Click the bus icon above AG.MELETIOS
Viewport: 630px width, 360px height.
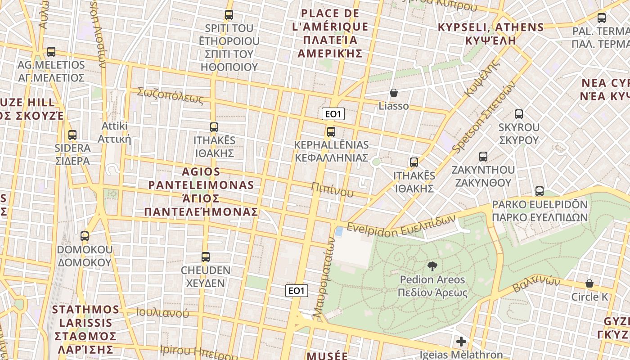51,52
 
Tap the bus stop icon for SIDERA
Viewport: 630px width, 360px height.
72,135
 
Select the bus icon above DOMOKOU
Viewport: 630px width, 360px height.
84,236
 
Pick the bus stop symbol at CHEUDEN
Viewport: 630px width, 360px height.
205,257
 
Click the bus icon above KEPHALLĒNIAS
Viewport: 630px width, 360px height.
331,131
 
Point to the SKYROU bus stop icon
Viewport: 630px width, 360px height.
518,114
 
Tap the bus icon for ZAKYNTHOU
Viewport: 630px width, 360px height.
483,157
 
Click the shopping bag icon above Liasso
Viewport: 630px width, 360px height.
394,93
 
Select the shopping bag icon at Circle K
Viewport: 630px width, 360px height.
589,283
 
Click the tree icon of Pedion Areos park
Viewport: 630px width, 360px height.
432,266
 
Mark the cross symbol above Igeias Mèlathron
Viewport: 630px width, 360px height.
461,342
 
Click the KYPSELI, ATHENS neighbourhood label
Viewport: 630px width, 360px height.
491,33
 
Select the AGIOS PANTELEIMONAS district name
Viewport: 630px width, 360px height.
201,192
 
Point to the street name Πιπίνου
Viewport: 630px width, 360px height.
332,191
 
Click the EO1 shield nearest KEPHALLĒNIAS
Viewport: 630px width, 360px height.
333,114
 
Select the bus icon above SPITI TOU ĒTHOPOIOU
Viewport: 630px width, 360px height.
229,15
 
